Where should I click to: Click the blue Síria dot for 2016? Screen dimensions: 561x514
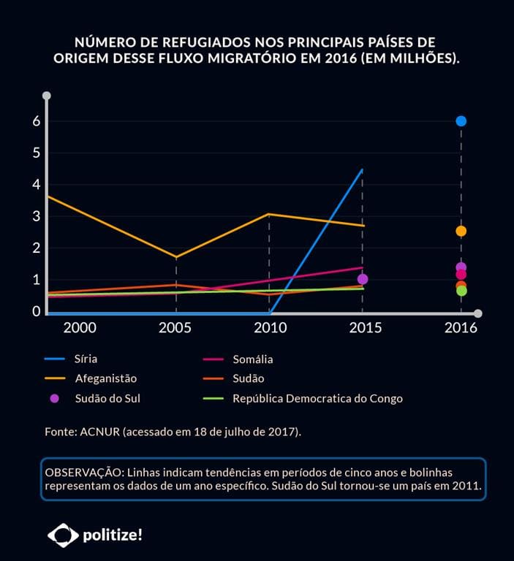tap(461, 121)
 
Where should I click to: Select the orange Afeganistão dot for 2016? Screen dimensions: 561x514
tap(461, 231)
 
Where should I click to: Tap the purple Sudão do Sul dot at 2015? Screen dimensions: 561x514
tap(362, 279)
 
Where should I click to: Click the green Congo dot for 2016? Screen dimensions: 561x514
tap(461, 291)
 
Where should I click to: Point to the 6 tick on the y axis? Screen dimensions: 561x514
tap(36, 121)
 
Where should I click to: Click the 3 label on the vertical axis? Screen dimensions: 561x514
tap(36, 216)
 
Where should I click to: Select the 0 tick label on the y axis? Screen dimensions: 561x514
tap(36, 311)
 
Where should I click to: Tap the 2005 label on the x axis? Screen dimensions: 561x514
tap(175, 327)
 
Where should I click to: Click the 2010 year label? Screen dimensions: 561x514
tap(270, 327)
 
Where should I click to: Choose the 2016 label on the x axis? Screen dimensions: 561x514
tap(461, 327)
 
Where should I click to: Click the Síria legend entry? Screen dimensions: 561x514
tap(86, 359)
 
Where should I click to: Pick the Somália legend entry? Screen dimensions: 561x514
tap(252, 359)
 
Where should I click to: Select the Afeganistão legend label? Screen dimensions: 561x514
tap(105, 378)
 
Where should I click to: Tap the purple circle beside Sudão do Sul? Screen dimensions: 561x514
tap(54, 398)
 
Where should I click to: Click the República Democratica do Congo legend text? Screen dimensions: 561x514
tap(317, 398)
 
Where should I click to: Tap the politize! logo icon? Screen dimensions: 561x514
tap(63, 535)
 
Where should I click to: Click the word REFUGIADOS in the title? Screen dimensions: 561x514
tap(191, 42)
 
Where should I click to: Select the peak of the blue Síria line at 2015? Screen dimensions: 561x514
tap(362, 170)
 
